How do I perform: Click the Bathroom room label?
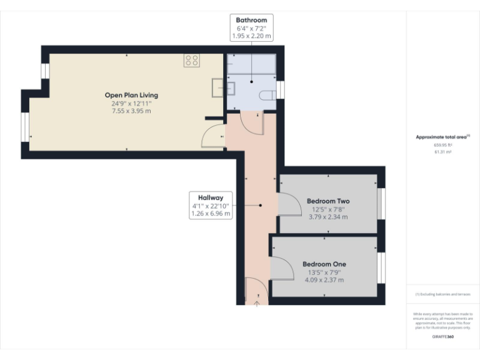[251, 21]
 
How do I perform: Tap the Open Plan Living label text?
[131, 95]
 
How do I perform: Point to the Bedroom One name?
[324, 264]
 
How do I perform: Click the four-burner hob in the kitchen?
[191, 61]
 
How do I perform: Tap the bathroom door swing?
[252, 123]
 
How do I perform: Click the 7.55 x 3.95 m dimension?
[131, 111]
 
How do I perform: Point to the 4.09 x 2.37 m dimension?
[324, 280]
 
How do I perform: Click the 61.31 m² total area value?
[442, 152]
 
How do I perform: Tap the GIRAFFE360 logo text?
[442, 337]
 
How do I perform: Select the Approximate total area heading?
[442, 136]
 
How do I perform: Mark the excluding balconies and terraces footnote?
[442, 294]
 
